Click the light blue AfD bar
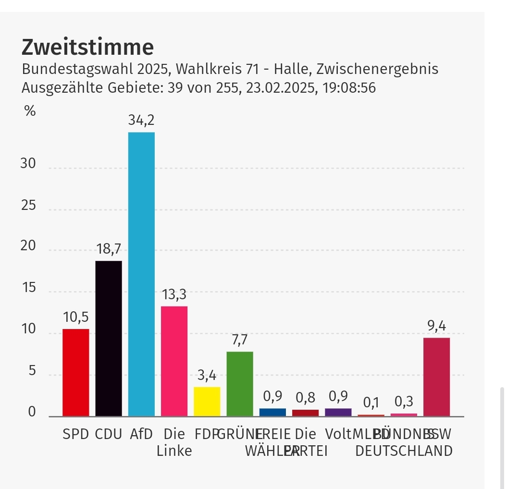(x=141, y=274)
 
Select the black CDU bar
(x=109, y=338)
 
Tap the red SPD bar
(x=76, y=372)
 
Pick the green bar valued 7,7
(x=240, y=384)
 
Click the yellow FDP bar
(x=207, y=402)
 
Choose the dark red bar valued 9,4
(x=436, y=377)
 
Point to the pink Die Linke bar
(x=174, y=361)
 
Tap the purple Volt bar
(x=338, y=412)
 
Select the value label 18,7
(x=109, y=249)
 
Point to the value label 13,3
(x=174, y=294)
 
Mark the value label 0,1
(x=371, y=403)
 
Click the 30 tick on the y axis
(x=28, y=164)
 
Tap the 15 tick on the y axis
(x=28, y=288)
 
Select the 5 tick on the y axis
(x=32, y=371)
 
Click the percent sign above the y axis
(x=30, y=111)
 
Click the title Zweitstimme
(x=87, y=48)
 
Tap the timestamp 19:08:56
(x=346, y=88)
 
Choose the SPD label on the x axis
(x=76, y=434)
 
